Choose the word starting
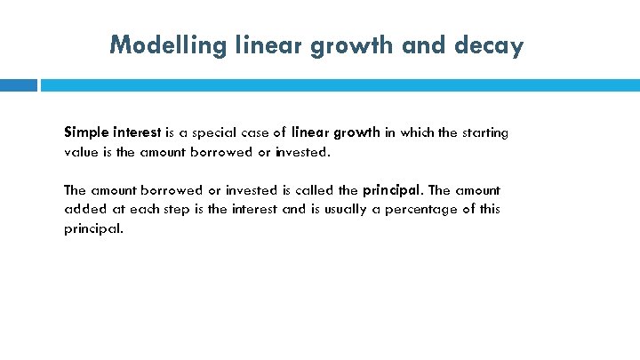484,132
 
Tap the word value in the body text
80,152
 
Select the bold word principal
395,190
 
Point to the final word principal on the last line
93,228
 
